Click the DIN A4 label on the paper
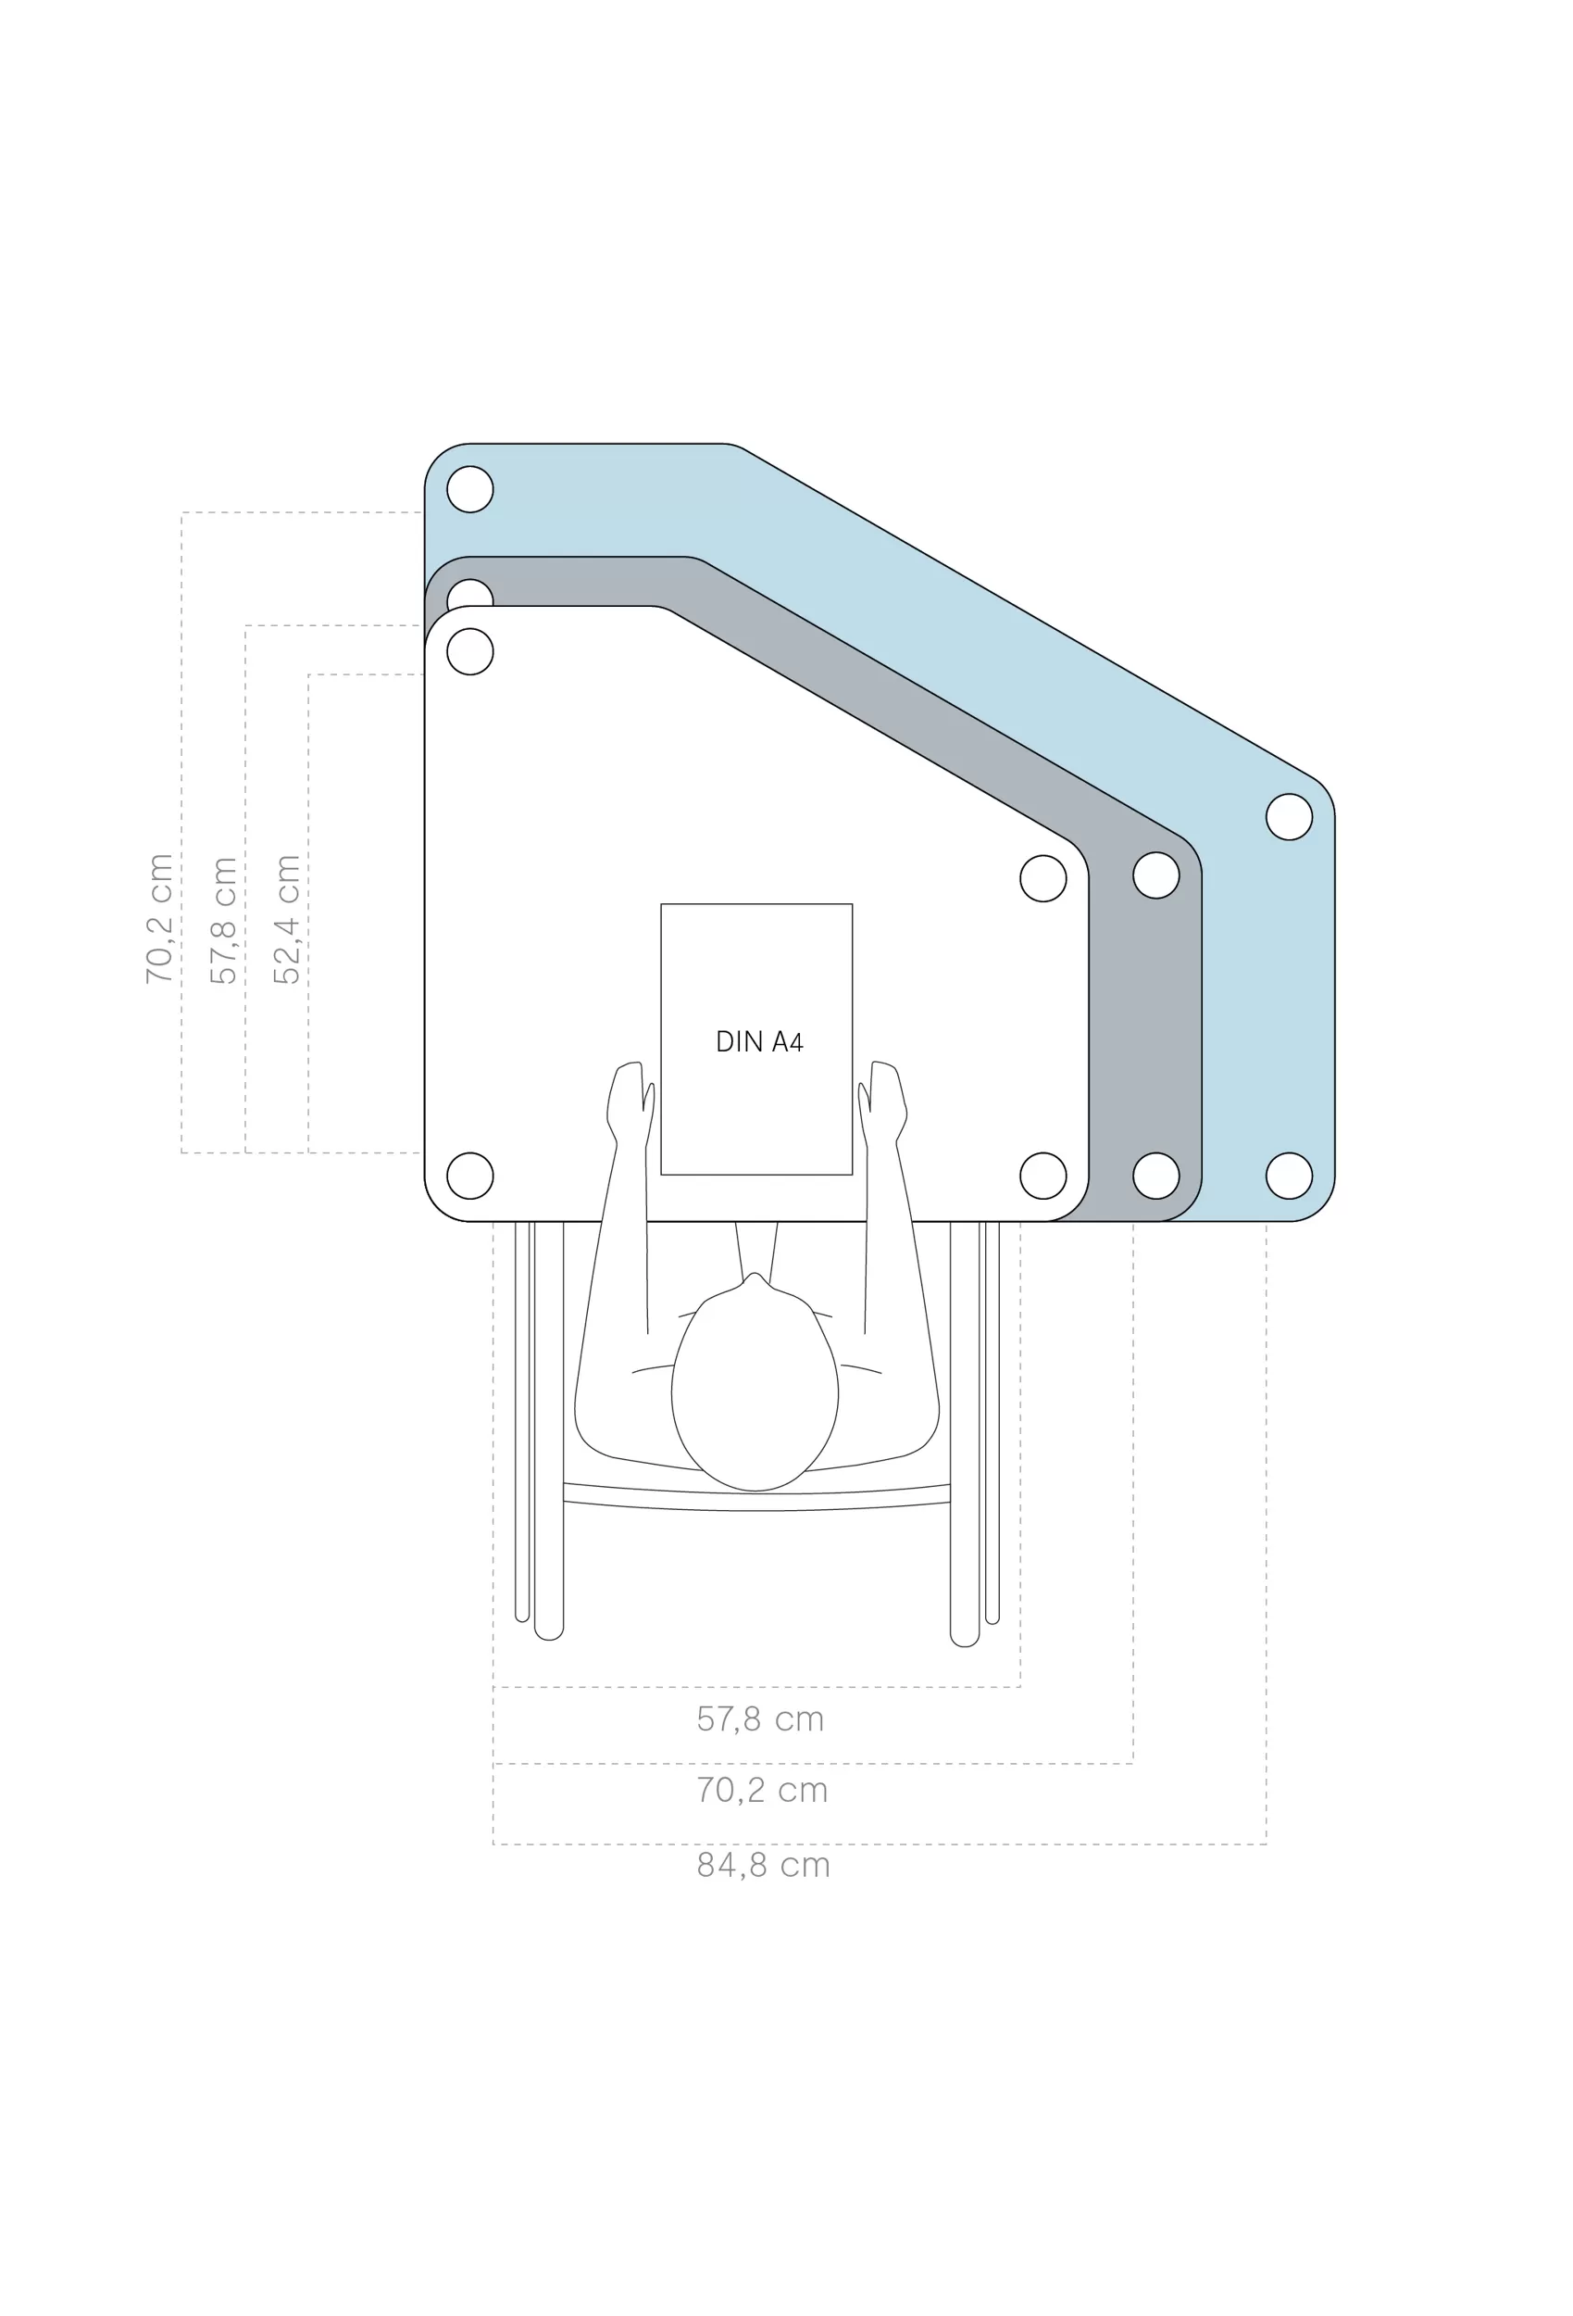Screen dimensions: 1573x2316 click(x=759, y=1042)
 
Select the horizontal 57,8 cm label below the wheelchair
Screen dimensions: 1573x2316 click(x=760, y=1719)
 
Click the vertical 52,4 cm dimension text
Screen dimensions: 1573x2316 click(x=287, y=919)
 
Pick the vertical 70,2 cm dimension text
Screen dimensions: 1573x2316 click(x=159, y=919)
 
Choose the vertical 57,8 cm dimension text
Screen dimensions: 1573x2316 click(x=223, y=920)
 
